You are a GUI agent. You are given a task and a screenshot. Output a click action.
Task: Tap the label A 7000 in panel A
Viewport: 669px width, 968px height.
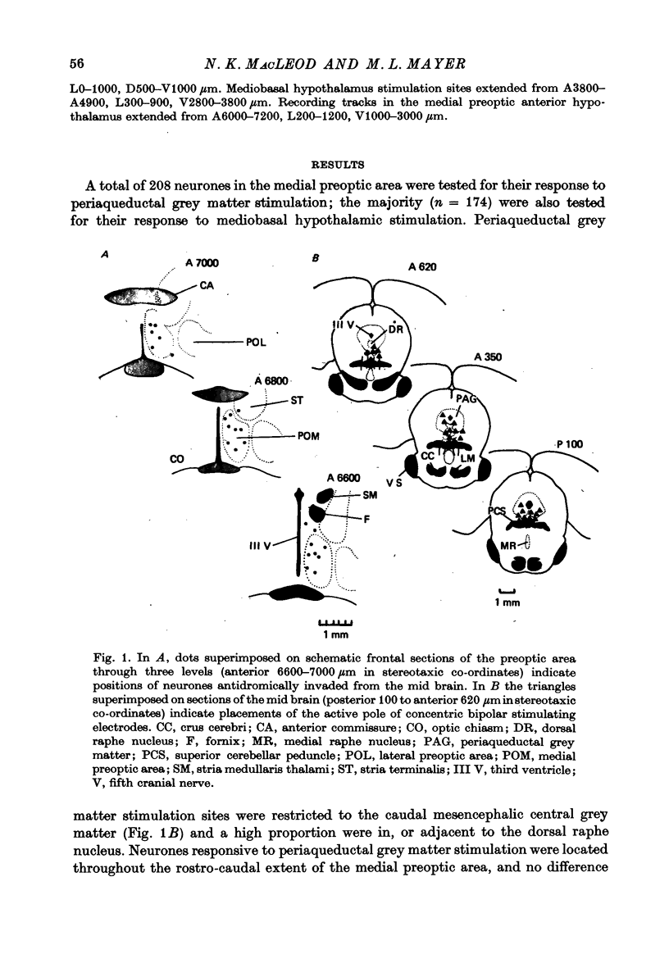tap(203, 263)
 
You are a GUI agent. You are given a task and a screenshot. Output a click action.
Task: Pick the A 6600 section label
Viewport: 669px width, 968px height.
tap(344, 478)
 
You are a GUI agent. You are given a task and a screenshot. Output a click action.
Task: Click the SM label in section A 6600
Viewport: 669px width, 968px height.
tap(369, 495)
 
